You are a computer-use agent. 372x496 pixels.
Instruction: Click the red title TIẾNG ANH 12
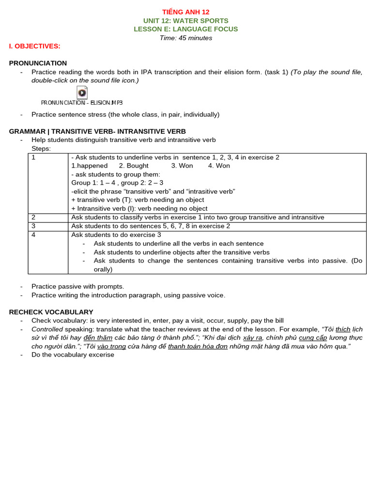tap(186, 12)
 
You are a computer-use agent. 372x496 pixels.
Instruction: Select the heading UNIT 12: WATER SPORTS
tap(186, 21)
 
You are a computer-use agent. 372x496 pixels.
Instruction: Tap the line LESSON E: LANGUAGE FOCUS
tap(186, 29)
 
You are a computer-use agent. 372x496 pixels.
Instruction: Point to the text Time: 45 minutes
tap(186, 38)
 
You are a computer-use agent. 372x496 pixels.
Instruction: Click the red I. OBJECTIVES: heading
tap(34, 46)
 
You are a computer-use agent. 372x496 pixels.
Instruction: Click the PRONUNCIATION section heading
tap(38, 63)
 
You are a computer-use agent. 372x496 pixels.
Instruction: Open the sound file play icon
tap(82, 93)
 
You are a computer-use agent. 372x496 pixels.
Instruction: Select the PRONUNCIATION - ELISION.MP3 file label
tap(81, 103)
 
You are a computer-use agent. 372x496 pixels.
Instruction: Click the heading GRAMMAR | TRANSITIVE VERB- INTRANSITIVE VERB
tap(97, 131)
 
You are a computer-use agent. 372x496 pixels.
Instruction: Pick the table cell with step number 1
tap(48, 183)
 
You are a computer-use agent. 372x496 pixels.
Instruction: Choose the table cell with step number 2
tap(48, 217)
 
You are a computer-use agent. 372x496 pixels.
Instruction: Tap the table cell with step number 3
tap(48, 226)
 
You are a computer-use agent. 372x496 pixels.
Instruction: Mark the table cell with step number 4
tap(48, 252)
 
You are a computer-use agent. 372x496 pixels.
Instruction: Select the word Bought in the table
tap(138, 166)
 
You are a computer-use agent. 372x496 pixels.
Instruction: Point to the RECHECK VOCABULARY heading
tap(51, 312)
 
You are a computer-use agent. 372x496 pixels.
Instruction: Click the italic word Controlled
tap(47, 329)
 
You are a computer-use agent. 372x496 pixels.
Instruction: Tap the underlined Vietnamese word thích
tap(342, 329)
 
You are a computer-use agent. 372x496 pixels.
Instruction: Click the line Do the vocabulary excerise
tap(73, 355)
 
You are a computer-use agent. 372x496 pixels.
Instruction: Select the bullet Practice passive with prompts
tap(77, 286)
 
